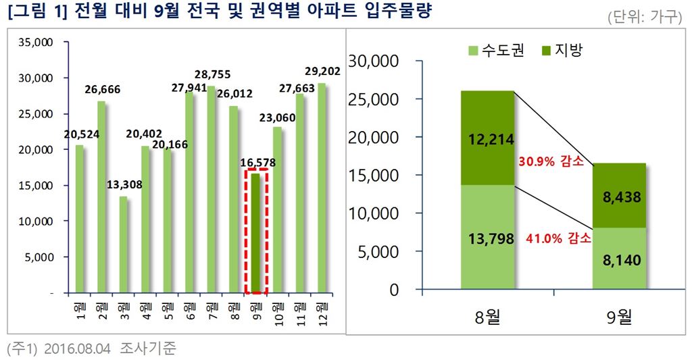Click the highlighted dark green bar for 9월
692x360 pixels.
(x=255, y=233)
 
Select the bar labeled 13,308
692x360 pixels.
(x=122, y=245)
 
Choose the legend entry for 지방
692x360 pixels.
(x=561, y=51)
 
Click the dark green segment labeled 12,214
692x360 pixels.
(x=487, y=138)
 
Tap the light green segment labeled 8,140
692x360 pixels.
(x=619, y=259)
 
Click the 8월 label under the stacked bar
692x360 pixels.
(x=488, y=317)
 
